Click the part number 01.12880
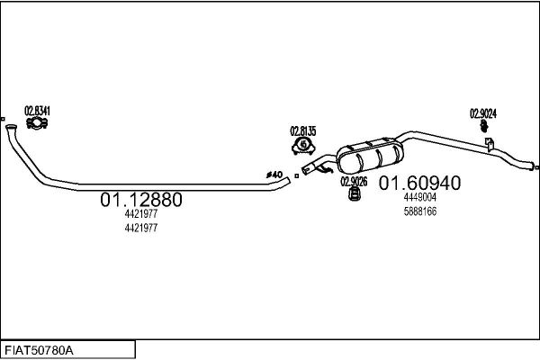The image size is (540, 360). click(141, 200)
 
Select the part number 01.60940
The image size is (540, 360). click(419, 183)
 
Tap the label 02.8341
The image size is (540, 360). click(37, 111)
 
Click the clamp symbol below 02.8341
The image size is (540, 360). click(37, 123)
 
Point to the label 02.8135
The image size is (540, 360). click(303, 131)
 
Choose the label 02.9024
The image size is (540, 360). click(483, 113)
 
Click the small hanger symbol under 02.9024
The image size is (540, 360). click(484, 126)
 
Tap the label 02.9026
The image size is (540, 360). click(354, 182)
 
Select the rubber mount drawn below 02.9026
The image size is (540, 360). click(354, 193)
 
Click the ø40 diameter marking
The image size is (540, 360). click(274, 175)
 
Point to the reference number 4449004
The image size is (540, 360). click(419, 197)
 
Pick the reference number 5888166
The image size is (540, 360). click(420, 211)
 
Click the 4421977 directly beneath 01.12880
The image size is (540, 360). click(141, 213)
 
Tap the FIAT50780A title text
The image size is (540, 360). click(39, 351)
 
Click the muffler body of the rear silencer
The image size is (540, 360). click(370, 156)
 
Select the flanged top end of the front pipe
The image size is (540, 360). click(11, 127)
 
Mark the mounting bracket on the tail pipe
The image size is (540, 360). click(489, 144)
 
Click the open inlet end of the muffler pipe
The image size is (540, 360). click(306, 169)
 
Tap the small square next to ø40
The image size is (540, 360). click(296, 176)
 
